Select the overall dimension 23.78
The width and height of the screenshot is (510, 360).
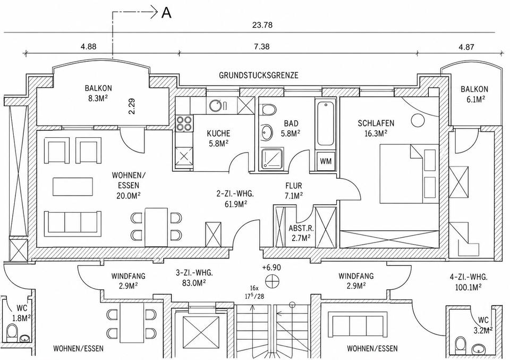pyautogui.click(x=262, y=25)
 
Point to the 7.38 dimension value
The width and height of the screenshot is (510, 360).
pyautogui.click(x=261, y=47)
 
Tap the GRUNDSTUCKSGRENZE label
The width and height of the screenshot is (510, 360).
pyautogui.click(x=259, y=76)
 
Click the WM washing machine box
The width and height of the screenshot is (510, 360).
pyautogui.click(x=326, y=161)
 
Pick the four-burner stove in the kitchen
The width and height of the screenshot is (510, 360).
pyautogui.click(x=184, y=124)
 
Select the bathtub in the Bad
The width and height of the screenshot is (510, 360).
pyautogui.click(x=326, y=124)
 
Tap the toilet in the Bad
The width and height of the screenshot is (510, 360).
pyautogui.click(x=269, y=110)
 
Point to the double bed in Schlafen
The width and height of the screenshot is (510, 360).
pyautogui.click(x=409, y=174)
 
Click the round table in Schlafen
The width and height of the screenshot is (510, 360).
pyautogui.click(x=418, y=121)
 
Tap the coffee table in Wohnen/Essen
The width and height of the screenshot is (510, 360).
pyautogui.click(x=73, y=187)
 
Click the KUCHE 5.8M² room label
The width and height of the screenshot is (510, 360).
pyautogui.click(x=218, y=138)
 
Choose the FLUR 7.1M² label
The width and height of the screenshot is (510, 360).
pyautogui.click(x=294, y=190)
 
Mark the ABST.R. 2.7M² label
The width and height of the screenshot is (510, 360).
pyautogui.click(x=300, y=233)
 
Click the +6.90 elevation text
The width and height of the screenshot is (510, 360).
pyautogui.click(x=271, y=267)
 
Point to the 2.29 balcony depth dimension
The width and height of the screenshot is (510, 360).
pyautogui.click(x=132, y=106)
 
